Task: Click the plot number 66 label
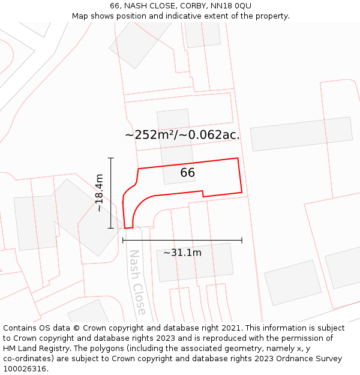[188, 173]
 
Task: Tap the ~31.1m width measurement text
[182, 253]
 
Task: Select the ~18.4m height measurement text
[100, 193]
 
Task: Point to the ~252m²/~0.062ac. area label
[182, 135]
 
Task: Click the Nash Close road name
[137, 282]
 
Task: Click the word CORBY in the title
[181, 6]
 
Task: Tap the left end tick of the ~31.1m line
[122, 240]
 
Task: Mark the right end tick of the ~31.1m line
[242, 240]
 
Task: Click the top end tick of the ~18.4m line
[111, 158]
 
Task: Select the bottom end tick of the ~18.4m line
[111, 228]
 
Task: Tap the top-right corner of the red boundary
[238, 158]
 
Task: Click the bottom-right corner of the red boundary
[242, 193]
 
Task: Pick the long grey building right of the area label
[301, 133]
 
